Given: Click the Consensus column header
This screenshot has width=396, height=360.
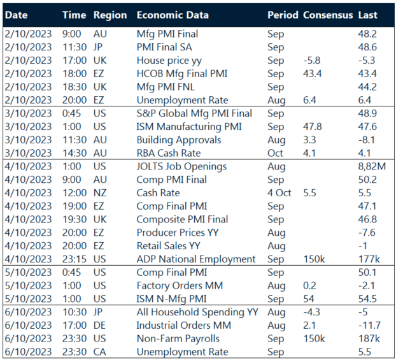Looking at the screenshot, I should click(x=328, y=15).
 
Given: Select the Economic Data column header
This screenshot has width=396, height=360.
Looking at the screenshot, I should click(x=176, y=15).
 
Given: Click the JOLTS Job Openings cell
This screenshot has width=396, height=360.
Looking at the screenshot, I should click(x=181, y=166).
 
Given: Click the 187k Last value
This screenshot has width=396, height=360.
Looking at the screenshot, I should click(x=369, y=338).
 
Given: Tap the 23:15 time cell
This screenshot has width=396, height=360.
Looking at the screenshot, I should click(x=74, y=259).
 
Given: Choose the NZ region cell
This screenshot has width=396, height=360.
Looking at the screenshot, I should click(x=101, y=192).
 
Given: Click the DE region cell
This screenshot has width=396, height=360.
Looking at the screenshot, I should click(x=101, y=324).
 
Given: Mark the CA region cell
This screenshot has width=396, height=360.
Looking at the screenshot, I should click(x=101, y=351).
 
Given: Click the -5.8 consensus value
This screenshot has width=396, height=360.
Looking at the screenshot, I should click(x=312, y=60).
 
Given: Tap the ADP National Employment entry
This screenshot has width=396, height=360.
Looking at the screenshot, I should click(x=196, y=259).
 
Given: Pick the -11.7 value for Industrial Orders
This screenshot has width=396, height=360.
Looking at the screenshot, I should click(x=370, y=324).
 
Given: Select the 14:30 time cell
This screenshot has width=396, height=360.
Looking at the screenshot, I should click(x=74, y=152).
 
